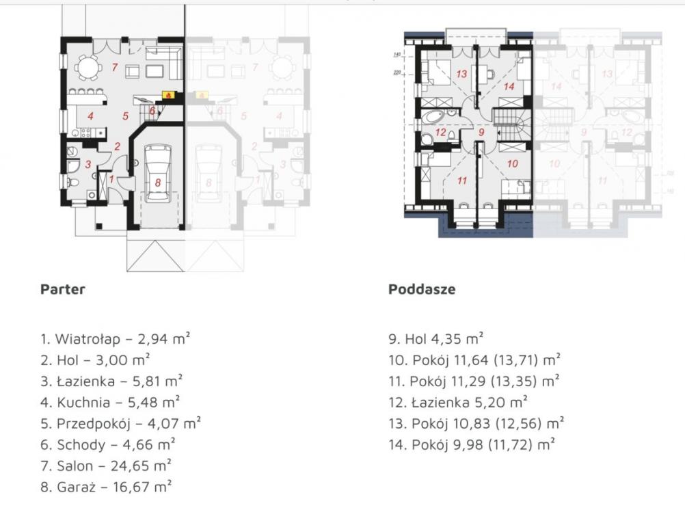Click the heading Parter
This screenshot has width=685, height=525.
click(62, 289)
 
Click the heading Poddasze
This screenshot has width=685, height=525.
click(422, 289)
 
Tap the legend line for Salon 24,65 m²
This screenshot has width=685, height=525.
click(106, 466)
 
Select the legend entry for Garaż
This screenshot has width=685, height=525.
click(106, 487)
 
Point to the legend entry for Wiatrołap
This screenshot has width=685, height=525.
click(115, 338)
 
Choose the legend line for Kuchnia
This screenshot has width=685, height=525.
click(110, 402)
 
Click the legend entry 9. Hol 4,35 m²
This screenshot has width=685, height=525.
click(436, 338)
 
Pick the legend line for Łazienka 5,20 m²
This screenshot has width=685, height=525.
click(458, 402)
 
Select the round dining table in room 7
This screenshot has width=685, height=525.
click(87, 67)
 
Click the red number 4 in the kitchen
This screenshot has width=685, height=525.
click(90, 116)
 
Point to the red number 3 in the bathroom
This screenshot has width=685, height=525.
click(88, 165)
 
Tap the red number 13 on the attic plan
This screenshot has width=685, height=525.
click(461, 75)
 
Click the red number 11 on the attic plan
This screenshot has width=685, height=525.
click(462, 180)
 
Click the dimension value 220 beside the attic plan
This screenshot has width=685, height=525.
click(397, 73)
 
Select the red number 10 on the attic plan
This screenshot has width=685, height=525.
click(513, 164)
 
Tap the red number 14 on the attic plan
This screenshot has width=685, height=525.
click(509, 87)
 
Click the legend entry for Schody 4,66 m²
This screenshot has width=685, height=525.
click(108, 444)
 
